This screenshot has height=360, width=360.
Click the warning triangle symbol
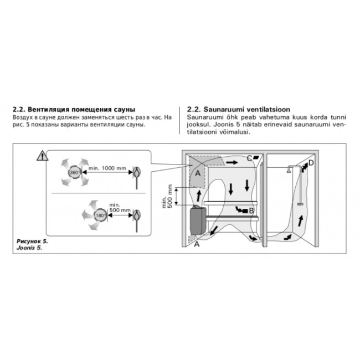tap(43, 156)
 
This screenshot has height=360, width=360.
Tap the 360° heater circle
tap(74, 172)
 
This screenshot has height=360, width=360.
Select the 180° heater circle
tap(100, 215)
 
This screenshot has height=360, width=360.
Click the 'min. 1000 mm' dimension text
tap(107, 168)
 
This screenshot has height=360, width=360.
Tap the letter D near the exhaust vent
tap(311, 163)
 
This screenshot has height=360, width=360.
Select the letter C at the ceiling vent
tap(249, 158)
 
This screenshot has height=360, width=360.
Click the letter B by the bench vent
tap(251, 210)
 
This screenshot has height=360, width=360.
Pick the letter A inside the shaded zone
tap(198, 173)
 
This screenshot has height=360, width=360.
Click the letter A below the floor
tap(197, 244)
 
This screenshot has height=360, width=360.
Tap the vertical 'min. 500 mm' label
tap(167, 196)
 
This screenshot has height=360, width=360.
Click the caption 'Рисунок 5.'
tap(32, 241)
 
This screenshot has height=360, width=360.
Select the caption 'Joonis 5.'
tap(29, 248)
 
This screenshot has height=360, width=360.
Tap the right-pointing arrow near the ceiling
tap(232, 162)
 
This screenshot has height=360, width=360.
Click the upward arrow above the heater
tap(199, 196)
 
